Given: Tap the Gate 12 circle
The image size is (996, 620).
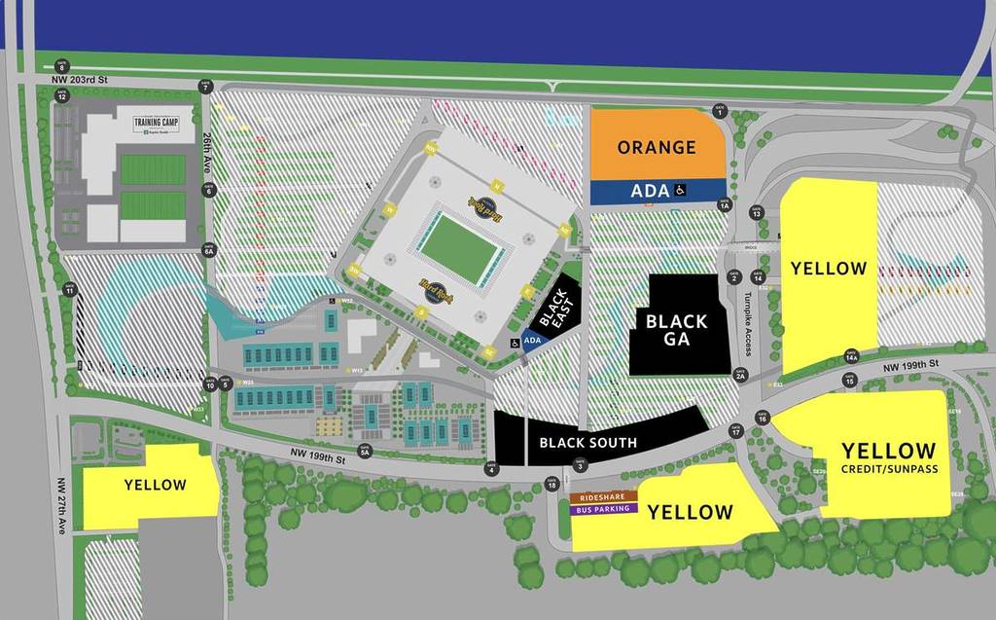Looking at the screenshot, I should click(x=61, y=95).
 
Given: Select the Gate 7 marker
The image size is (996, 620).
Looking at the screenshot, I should click(x=205, y=87).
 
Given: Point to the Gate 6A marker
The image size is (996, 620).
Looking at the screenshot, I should click(x=208, y=250).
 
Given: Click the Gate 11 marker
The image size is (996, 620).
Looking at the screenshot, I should click(x=69, y=290).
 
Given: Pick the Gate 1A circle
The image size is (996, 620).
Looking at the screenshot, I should click(x=724, y=204).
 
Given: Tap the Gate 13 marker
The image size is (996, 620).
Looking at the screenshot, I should click(x=756, y=211).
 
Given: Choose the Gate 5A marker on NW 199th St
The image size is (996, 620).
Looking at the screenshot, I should click(x=365, y=451).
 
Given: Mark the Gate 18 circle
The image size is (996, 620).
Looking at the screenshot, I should click(x=551, y=483).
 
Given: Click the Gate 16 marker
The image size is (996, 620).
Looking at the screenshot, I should click(x=762, y=418).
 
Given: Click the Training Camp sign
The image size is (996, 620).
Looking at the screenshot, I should click(x=160, y=124).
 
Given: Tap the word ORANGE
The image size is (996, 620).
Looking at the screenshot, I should click(x=657, y=148).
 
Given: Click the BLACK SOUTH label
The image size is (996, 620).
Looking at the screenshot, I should click(x=587, y=443).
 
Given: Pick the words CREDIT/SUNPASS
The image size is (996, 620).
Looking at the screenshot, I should click(x=888, y=470).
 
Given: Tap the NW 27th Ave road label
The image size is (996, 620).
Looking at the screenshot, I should click(x=61, y=505).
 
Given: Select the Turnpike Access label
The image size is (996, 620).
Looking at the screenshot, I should click(x=748, y=321).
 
